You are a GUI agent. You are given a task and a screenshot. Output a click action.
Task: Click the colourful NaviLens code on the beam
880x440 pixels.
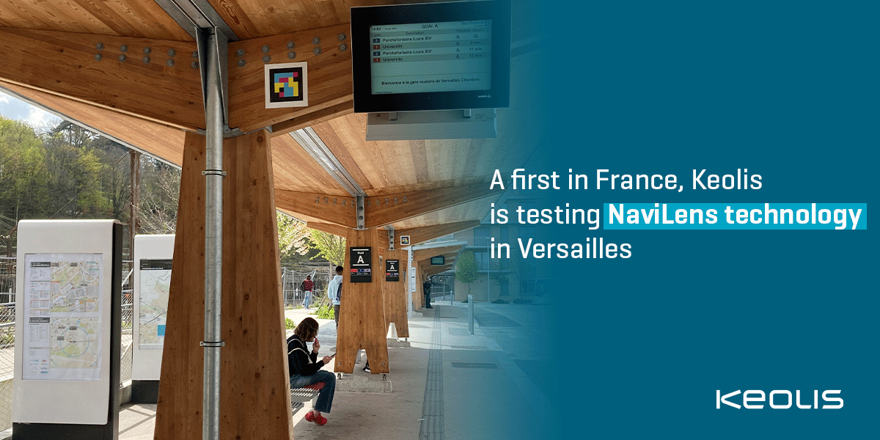tap(286, 84)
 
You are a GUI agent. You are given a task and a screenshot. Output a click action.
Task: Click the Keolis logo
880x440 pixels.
tap(780, 399)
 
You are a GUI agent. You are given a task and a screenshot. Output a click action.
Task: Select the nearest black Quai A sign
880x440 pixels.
tap(360, 264)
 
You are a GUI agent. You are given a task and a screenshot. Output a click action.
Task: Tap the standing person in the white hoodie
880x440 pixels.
tap(336, 287)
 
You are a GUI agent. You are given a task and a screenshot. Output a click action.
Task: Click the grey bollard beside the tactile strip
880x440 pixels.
tap(471, 315)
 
